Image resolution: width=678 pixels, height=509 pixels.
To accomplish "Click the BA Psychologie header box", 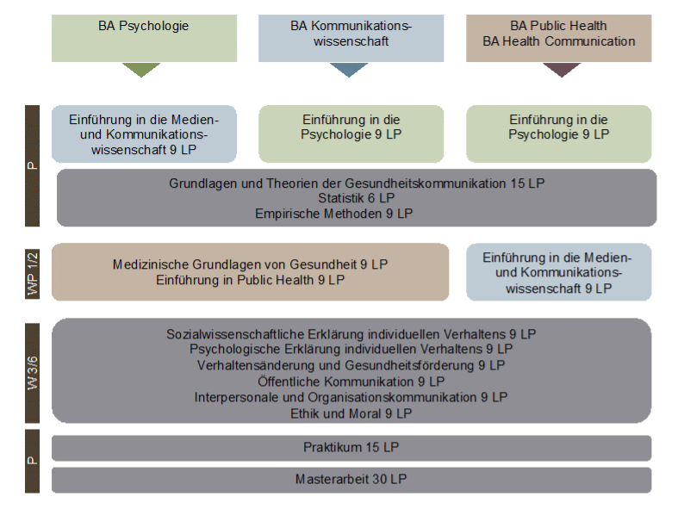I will (x=144, y=38).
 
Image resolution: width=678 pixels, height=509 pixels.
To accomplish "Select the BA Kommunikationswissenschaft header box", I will (x=351, y=38).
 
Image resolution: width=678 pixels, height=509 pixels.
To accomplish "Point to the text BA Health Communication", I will (x=558, y=41).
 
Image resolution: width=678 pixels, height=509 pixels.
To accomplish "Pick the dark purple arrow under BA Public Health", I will (x=561, y=70).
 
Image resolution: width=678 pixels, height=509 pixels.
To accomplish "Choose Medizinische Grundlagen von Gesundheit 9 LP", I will (x=251, y=264).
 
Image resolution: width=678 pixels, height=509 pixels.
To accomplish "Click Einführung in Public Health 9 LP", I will (x=251, y=279).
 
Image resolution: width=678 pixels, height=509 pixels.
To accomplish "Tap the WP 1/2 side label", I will (x=33, y=273).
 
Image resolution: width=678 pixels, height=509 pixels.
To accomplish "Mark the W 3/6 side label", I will (x=33, y=371).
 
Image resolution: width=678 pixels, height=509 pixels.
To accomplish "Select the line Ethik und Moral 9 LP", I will (x=351, y=413).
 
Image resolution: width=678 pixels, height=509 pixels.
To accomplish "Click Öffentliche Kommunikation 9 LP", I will (x=351, y=381).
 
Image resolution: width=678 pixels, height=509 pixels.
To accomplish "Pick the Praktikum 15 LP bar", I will (x=351, y=448).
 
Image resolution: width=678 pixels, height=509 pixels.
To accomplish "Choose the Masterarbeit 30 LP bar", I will (x=351, y=479).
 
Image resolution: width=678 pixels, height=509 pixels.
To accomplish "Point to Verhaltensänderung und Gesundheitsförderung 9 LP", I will (x=351, y=365).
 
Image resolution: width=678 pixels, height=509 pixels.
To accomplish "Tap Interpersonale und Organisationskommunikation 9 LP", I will (x=351, y=397).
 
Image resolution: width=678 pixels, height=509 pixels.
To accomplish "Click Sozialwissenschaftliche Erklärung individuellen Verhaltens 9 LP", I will (x=351, y=333).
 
